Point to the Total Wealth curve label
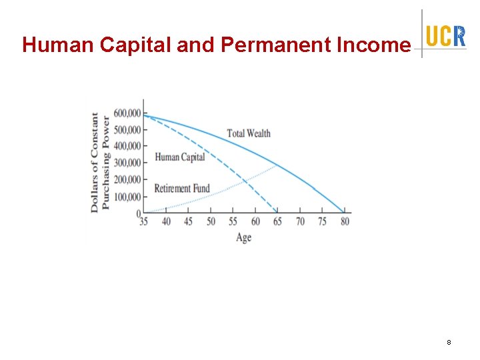click(249, 133)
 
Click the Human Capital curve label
click(179, 157)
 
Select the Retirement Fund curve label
click(181, 189)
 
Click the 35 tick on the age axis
click(143, 221)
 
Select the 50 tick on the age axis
click(211, 221)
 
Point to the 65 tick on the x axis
click(277, 221)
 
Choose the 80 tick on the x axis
click(345, 221)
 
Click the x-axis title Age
click(244, 237)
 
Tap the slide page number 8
click(449, 342)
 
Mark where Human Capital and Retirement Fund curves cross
click(245, 180)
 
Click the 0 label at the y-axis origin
click(139, 213)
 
